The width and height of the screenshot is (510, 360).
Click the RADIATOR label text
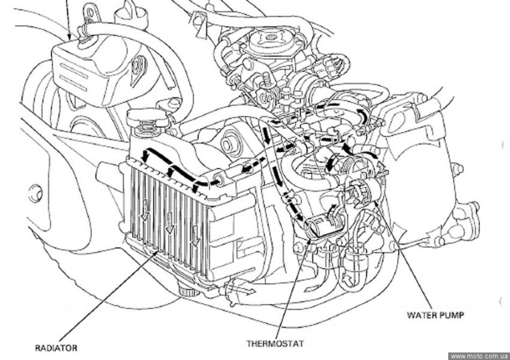coord(56,347)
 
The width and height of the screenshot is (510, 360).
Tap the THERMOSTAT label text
coord(275,344)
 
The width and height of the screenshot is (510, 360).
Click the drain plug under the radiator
coord(190,292)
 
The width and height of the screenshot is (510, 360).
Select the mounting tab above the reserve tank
coord(91,11)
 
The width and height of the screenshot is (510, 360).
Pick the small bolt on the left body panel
coord(34,193)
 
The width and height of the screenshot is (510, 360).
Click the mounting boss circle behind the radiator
coord(229,145)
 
